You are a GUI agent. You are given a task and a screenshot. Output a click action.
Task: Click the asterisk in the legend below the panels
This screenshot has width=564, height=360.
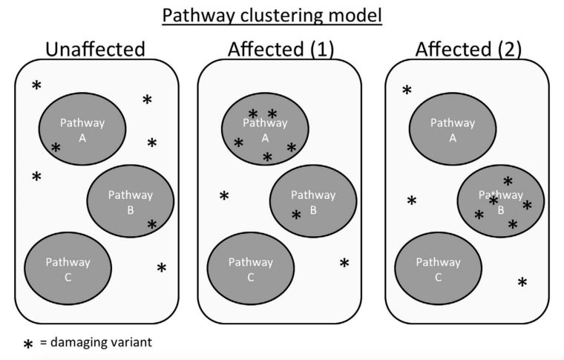tap(28, 344)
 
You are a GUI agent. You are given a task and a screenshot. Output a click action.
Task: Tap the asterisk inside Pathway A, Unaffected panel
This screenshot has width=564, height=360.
tap(56, 148)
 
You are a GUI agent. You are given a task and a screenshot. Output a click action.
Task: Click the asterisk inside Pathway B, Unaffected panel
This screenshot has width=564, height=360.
tap(152, 224)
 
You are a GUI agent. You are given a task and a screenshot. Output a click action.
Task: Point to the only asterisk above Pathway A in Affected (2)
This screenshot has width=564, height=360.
tap(407, 91)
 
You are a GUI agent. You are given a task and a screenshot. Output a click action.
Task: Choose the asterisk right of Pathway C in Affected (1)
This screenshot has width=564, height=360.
tap(344, 263)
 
